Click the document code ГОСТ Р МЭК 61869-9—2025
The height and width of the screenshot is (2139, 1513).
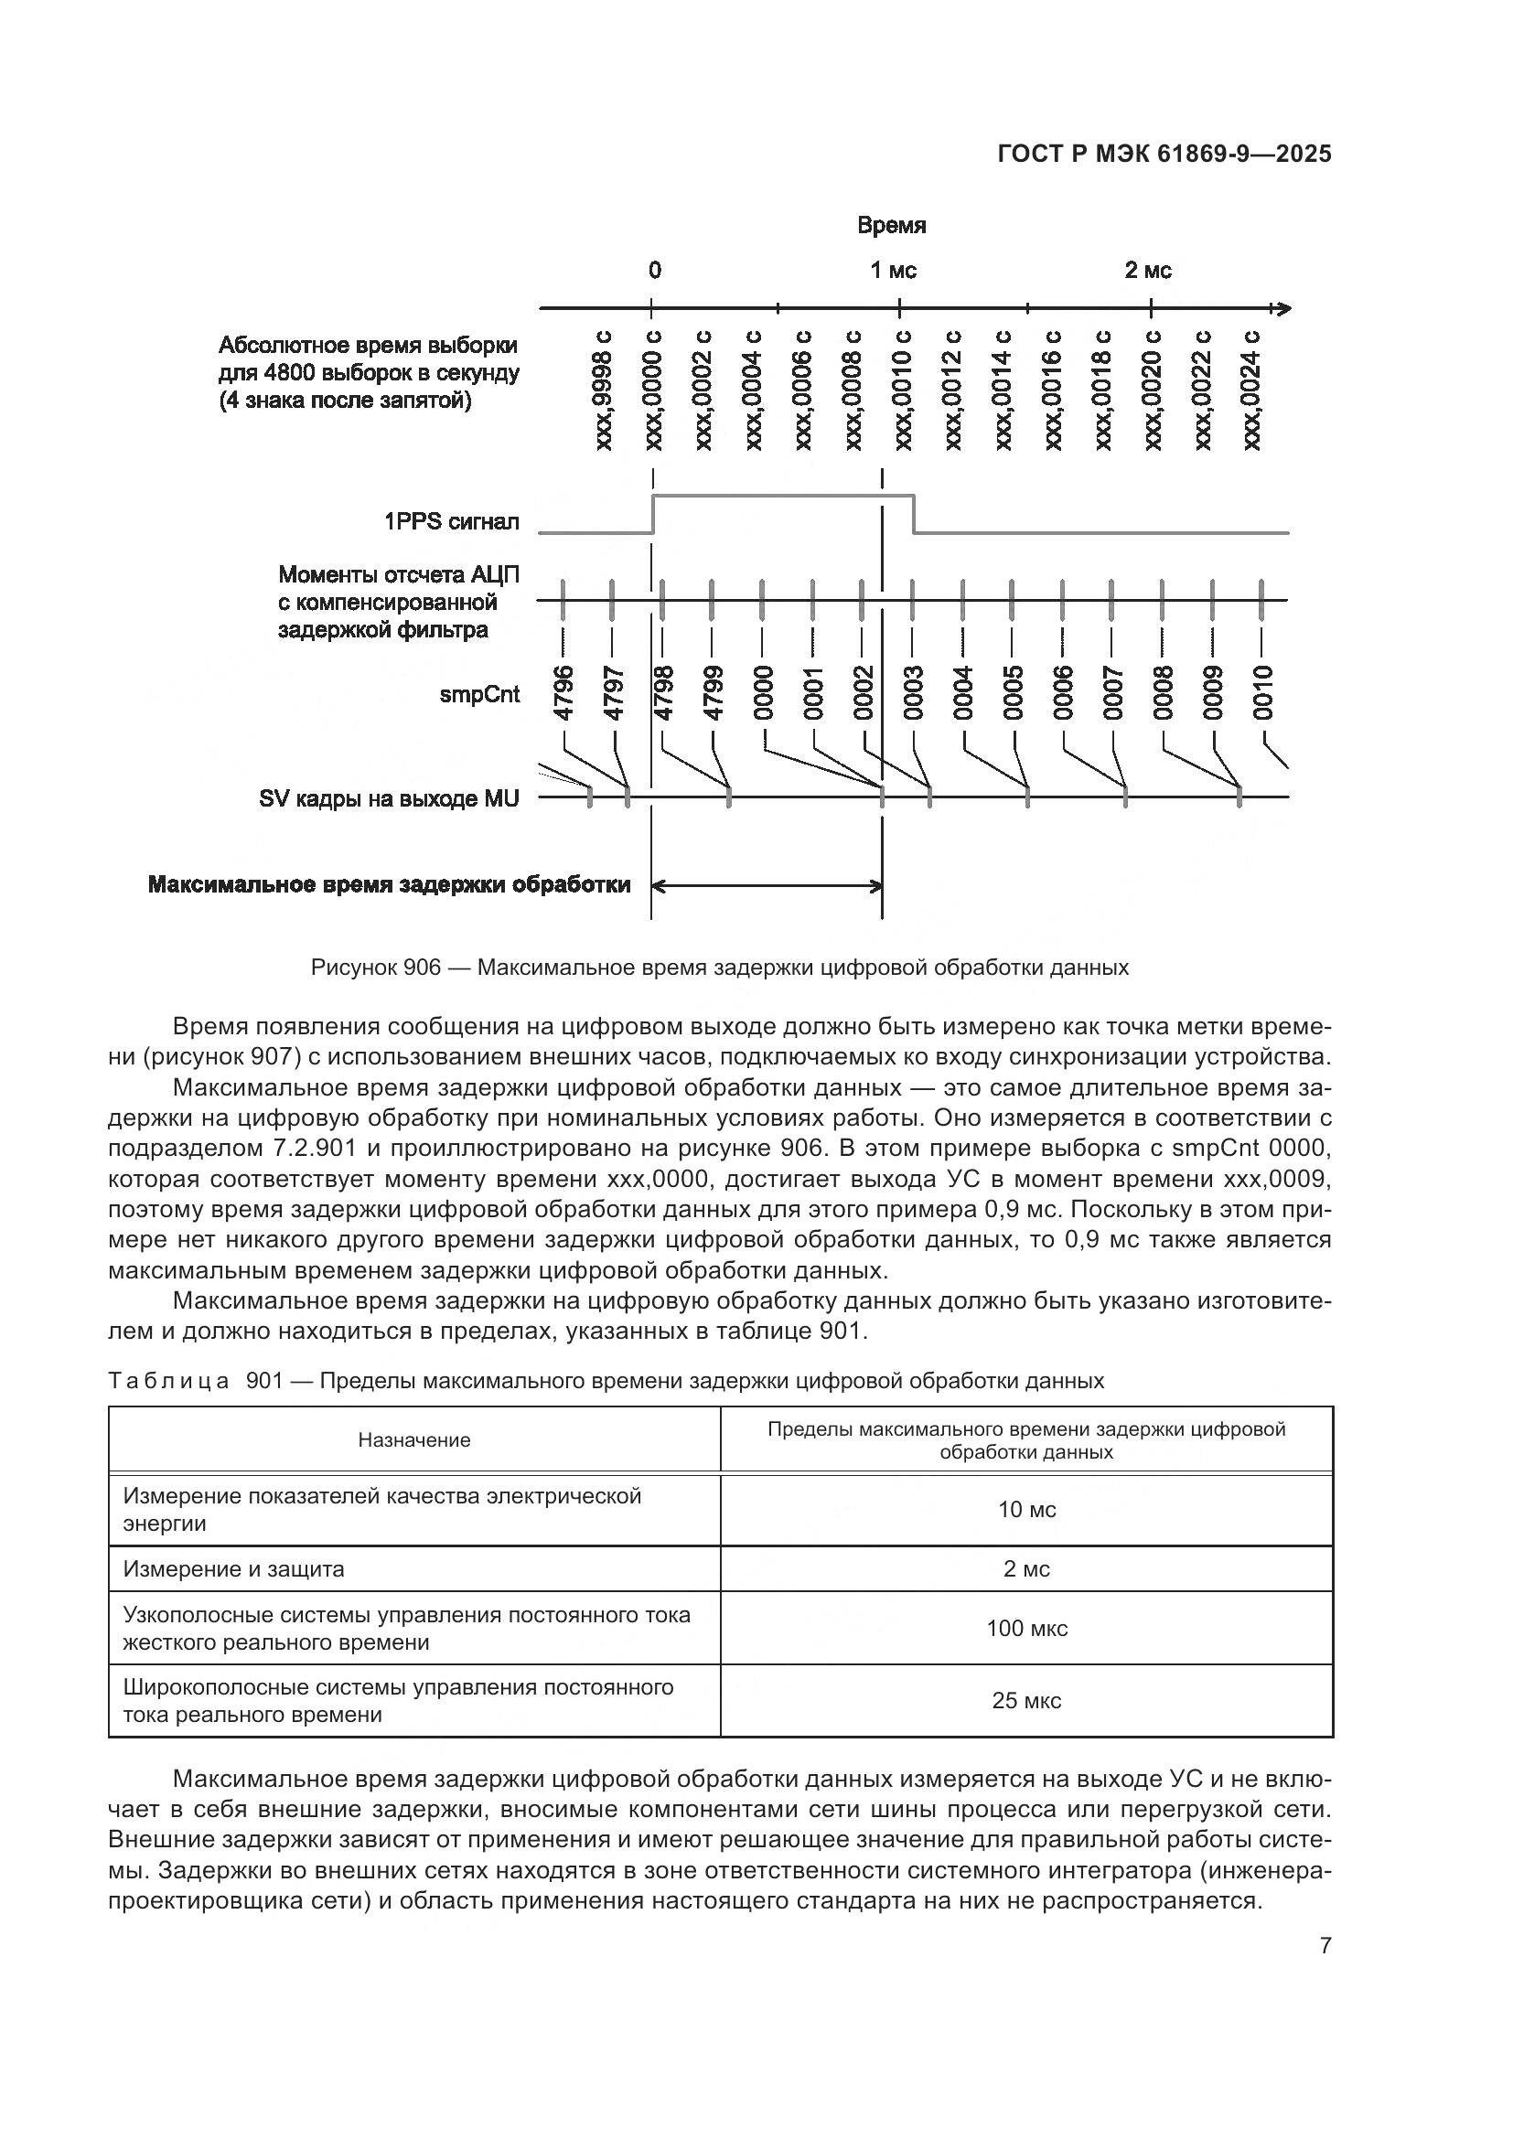pos(1164,154)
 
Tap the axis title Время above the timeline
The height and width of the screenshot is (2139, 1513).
pos(892,226)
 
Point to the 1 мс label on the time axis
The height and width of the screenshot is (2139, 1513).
pos(894,271)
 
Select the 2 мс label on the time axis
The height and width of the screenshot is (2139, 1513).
pos(1148,271)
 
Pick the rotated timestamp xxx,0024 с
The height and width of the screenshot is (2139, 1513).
pos(1251,390)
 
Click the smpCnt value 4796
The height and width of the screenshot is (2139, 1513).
pos(562,693)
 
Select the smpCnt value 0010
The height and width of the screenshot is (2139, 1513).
pos(1262,693)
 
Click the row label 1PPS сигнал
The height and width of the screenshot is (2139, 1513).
pos(452,521)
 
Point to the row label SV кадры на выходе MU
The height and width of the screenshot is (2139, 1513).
pos(389,798)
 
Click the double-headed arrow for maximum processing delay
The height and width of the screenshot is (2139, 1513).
pos(766,886)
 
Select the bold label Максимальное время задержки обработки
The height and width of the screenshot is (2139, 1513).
pos(389,884)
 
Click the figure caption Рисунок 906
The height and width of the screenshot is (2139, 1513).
pos(719,968)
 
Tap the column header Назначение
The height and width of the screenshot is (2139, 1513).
pos(414,1440)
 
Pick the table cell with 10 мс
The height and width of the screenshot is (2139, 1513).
pos(1026,1510)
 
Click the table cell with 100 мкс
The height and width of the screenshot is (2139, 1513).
pos(1026,1629)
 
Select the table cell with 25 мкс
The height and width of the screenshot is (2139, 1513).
pos(1026,1701)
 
